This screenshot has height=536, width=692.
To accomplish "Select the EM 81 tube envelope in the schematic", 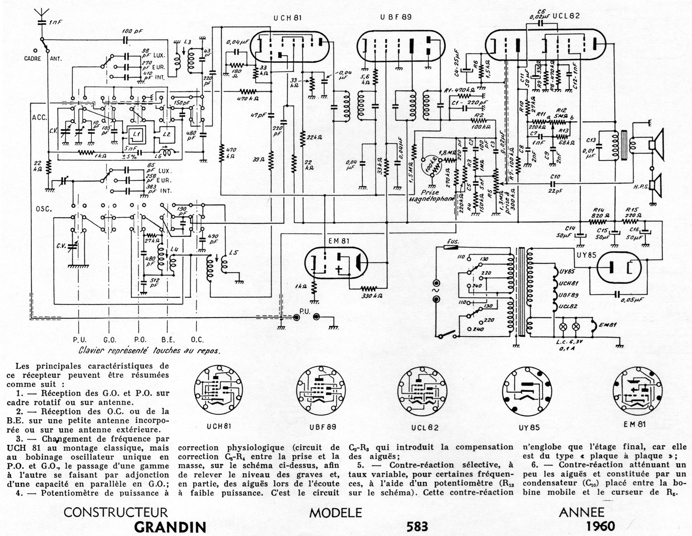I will (x=336, y=263).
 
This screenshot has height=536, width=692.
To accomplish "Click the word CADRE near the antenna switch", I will (x=33, y=59).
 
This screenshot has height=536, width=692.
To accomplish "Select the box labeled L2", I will (x=166, y=134).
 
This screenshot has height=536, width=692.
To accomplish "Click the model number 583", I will (x=417, y=526).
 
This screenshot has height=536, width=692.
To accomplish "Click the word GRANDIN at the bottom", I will (x=170, y=527).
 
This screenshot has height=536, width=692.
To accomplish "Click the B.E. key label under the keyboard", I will (x=168, y=340).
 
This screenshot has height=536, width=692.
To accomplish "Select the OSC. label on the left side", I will (x=44, y=209).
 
